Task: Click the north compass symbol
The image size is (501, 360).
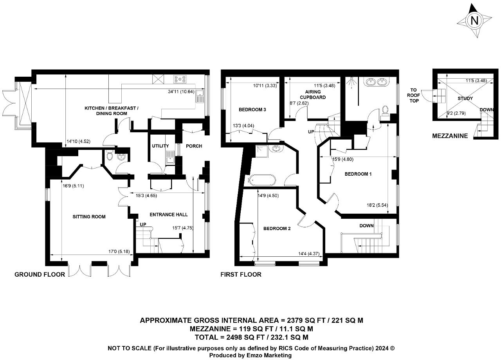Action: point(474,21)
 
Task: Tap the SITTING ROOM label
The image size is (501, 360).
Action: point(89,216)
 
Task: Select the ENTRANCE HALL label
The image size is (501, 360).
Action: point(169,214)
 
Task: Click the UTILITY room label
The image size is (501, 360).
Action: point(160,146)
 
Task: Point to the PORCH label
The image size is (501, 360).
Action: point(194,146)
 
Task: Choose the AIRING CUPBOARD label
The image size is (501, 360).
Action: point(313,95)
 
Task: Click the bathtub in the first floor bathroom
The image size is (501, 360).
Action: point(262,180)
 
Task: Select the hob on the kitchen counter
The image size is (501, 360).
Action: point(180,79)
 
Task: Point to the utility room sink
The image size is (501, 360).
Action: point(170,158)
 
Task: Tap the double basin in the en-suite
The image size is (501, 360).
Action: point(375,82)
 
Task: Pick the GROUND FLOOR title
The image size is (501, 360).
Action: point(40,274)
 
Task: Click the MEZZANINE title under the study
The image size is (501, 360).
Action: point(450,136)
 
